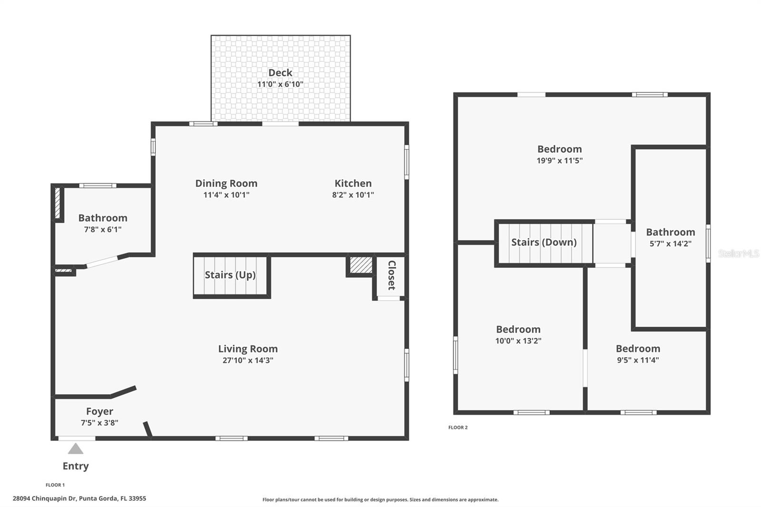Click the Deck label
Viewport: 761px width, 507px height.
pyautogui.click(x=280, y=73)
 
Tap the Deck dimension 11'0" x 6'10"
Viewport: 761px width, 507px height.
pyautogui.click(x=280, y=84)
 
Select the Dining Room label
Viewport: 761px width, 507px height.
pyautogui.click(x=226, y=183)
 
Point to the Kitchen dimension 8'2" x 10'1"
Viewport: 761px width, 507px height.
pyautogui.click(x=353, y=195)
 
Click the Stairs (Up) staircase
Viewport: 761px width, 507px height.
pyautogui.click(x=231, y=275)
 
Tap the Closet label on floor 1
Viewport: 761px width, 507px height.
pyautogui.click(x=391, y=275)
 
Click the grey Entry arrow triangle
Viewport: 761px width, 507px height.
pyautogui.click(x=75, y=449)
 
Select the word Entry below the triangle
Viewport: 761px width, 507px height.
pyautogui.click(x=76, y=466)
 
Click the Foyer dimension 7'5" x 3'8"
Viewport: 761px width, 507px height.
pyautogui.click(x=99, y=422)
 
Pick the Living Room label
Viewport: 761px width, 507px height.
pyautogui.click(x=248, y=349)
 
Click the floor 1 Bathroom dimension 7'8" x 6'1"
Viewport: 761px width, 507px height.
pyautogui.click(x=103, y=229)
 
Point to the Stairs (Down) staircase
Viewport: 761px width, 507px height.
pyautogui.click(x=544, y=243)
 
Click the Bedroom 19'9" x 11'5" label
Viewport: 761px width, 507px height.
pyautogui.click(x=560, y=149)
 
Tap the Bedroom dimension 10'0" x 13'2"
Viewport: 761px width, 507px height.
pyautogui.click(x=518, y=341)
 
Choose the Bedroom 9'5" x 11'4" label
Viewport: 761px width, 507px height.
pyautogui.click(x=638, y=349)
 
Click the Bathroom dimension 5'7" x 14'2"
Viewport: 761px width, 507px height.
pyautogui.click(x=671, y=244)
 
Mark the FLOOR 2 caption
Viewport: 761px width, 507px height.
pyautogui.click(x=458, y=428)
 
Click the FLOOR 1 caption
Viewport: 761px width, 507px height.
pyautogui.click(x=55, y=485)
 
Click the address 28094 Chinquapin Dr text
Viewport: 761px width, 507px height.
pyautogui.click(x=79, y=499)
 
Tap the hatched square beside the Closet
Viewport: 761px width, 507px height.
pyautogui.click(x=361, y=265)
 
